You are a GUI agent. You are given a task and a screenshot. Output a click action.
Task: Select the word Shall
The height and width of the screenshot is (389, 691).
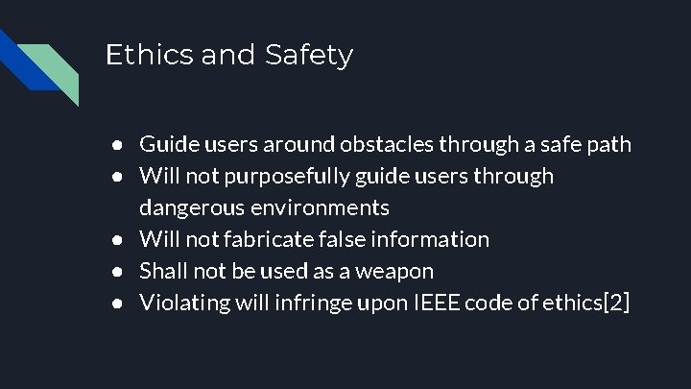point(161,271)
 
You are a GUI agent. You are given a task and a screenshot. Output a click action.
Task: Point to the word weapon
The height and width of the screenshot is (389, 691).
point(393,272)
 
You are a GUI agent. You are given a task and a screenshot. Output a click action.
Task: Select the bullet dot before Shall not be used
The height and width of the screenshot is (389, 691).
point(116,272)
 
